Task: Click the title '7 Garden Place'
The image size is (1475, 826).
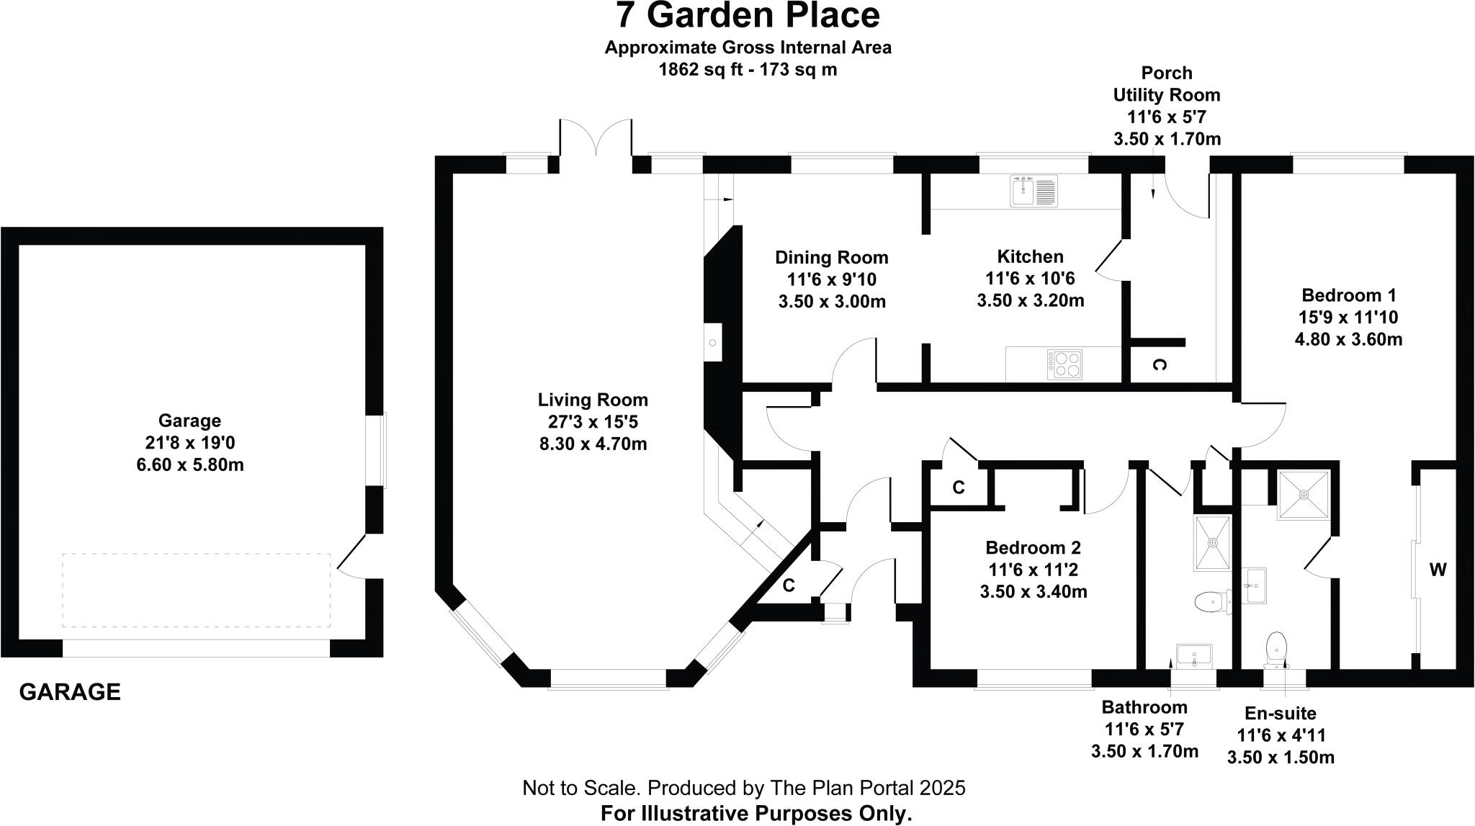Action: pyautogui.click(x=748, y=16)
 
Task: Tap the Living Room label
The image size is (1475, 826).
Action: pyautogui.click(x=593, y=400)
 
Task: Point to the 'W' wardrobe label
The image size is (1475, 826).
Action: pyautogui.click(x=1438, y=570)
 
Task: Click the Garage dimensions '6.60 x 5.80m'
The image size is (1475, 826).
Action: pyautogui.click(x=190, y=465)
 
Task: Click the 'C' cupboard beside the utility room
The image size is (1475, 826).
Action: pyautogui.click(x=1158, y=365)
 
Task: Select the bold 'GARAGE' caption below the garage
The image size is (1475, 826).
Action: pyautogui.click(x=70, y=692)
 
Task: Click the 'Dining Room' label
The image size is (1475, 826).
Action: pyautogui.click(x=831, y=257)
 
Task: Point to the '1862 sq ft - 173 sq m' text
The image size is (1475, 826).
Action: pyautogui.click(x=748, y=70)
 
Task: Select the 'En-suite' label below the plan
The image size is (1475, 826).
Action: pyautogui.click(x=1280, y=713)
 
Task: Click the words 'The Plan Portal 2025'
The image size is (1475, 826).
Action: pyautogui.click(x=867, y=788)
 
